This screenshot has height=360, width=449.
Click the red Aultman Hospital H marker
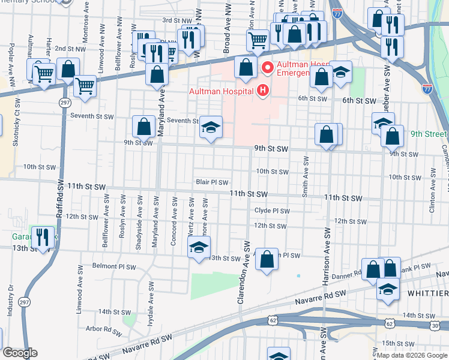click(x=262, y=91)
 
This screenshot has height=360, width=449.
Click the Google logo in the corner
click(x=19, y=353)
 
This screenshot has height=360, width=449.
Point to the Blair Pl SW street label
click(x=212, y=182)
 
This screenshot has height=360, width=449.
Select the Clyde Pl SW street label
click(x=271, y=211)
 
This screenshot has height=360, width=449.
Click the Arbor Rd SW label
click(x=103, y=329)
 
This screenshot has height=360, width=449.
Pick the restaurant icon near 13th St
click(x=40, y=238)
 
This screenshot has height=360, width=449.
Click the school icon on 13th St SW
click(x=199, y=247)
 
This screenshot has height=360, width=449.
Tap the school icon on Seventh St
click(x=211, y=127)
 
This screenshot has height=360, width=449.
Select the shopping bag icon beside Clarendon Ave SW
click(x=267, y=259)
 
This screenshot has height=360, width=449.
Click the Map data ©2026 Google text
click(x=411, y=355)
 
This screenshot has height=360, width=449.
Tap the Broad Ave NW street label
click(x=228, y=37)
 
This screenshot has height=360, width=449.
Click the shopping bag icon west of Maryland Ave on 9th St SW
click(x=143, y=127)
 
